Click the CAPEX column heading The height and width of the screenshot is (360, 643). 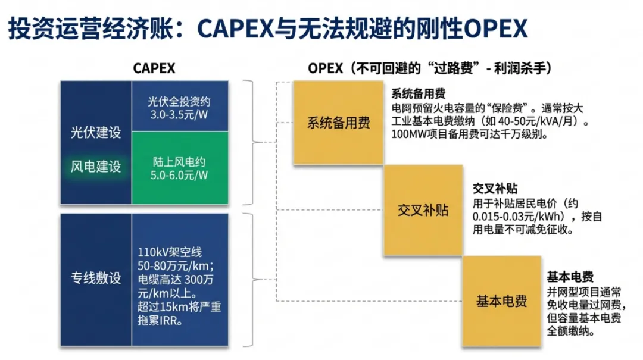[x=154, y=68]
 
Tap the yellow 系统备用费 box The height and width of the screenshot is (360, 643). [x=338, y=123]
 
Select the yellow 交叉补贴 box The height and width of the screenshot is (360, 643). [x=423, y=211]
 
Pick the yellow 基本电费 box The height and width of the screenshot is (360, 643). [x=501, y=300]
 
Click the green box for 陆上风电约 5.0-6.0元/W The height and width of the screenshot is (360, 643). [x=179, y=168]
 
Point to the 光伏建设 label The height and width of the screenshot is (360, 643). [x=96, y=132]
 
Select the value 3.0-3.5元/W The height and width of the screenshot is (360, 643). [x=179, y=114]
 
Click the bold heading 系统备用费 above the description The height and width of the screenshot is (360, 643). [x=419, y=95]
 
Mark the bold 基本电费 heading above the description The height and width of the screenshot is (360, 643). [x=570, y=278]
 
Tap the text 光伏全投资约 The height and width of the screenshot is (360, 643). [x=179, y=101]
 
